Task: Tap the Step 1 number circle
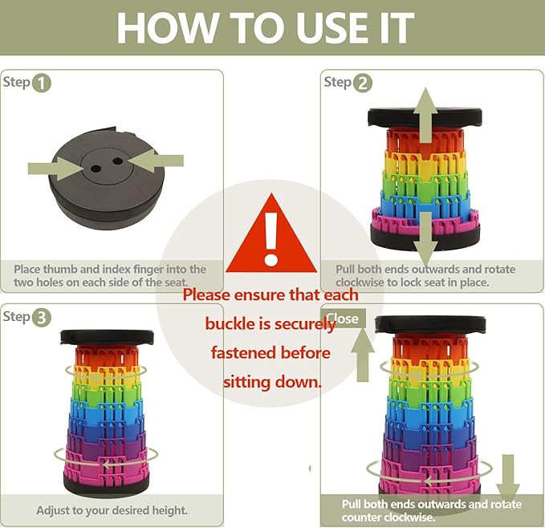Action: point(42,83)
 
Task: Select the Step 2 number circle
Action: point(363,83)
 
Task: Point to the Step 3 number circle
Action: point(42,318)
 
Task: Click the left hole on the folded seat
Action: point(96,169)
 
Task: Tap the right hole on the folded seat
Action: point(118,161)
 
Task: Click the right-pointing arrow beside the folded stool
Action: point(55,169)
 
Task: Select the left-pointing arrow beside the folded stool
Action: point(156,160)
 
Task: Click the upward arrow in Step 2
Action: point(425,115)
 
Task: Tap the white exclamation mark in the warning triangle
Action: point(270,238)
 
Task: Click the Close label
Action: point(343,319)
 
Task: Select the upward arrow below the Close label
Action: point(363,355)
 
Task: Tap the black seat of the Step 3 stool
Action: point(107,337)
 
